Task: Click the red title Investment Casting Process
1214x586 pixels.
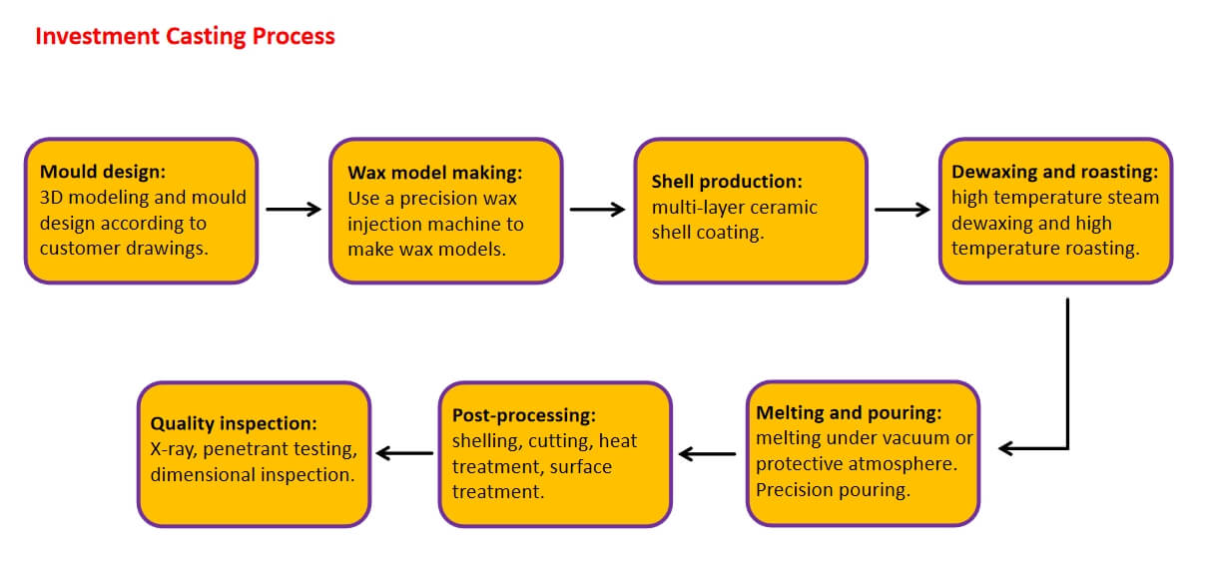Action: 185,37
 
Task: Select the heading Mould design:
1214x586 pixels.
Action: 96,172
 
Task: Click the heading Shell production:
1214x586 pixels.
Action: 726,182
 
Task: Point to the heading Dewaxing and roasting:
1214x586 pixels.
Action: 1054,172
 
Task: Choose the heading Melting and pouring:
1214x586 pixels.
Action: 849,413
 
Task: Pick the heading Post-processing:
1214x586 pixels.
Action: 523,415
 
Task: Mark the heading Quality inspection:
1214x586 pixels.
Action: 234,423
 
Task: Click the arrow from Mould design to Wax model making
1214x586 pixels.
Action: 294,210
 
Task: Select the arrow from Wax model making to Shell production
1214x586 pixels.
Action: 597,210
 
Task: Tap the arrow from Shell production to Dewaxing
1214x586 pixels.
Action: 903,210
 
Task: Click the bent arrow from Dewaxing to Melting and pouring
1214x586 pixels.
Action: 1067,399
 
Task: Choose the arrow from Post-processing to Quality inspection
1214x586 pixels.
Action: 404,454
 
